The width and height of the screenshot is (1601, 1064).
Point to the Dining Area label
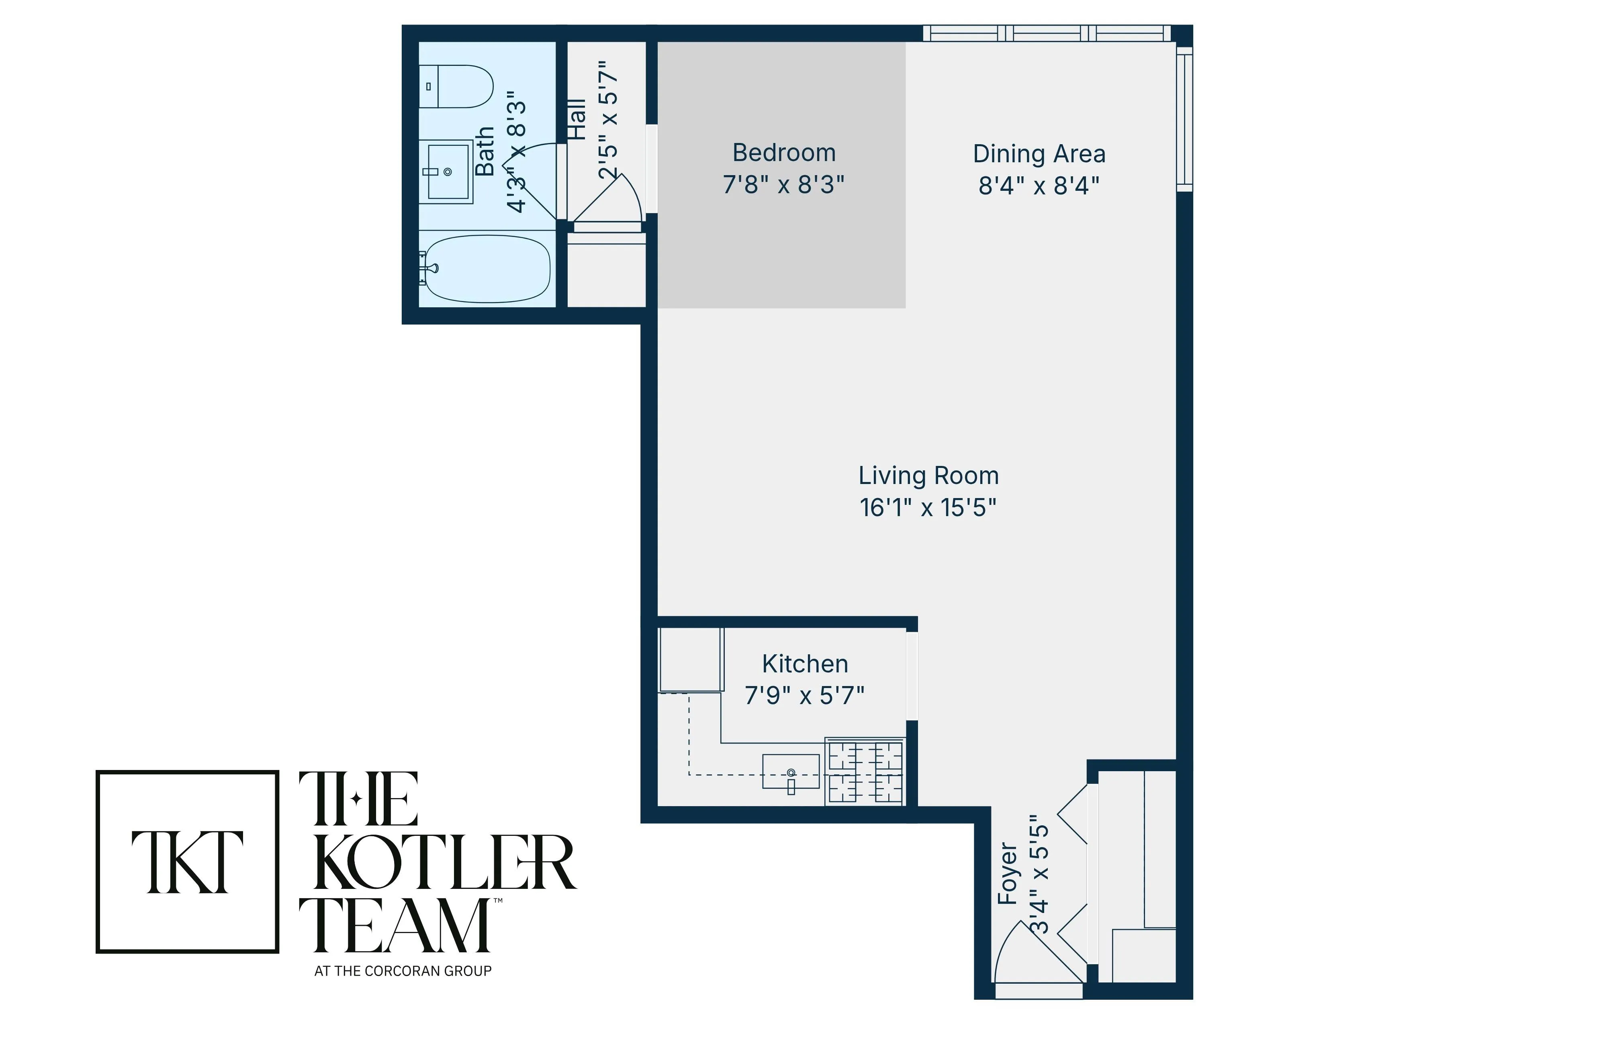coord(1039,154)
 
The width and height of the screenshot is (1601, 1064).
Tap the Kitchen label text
coord(805,664)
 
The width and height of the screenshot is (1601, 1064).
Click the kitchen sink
coord(791,772)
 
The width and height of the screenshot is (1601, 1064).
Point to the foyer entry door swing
coord(1032,954)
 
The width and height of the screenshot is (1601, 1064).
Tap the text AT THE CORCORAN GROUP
coord(403,971)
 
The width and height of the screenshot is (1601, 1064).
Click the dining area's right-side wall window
coord(1184,119)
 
